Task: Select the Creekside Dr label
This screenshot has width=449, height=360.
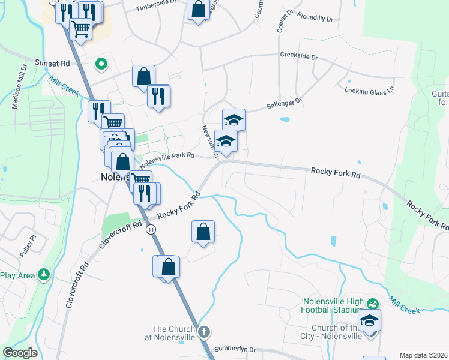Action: coord(298,55)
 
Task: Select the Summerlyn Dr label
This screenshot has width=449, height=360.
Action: coord(235,349)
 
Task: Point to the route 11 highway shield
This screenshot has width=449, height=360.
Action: coord(151,230)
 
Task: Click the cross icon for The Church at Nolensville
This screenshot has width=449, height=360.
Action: coord(204,332)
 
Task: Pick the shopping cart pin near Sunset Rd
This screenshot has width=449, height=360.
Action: coord(80,28)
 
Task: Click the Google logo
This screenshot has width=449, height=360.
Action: coord(20,353)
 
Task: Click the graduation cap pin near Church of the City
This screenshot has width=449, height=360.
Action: coord(369,320)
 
